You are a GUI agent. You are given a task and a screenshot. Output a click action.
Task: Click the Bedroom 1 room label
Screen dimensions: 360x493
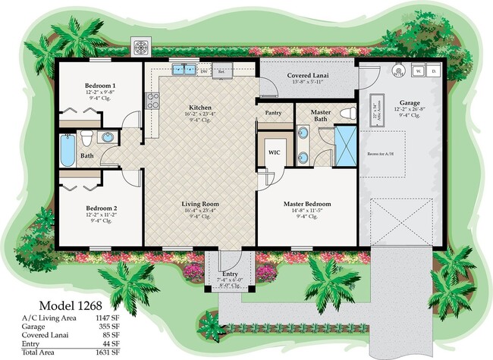coord(100,86)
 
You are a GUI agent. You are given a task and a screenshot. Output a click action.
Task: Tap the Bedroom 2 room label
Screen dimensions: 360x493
coord(100,208)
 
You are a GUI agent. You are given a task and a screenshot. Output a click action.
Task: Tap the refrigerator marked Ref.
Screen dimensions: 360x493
coord(221,70)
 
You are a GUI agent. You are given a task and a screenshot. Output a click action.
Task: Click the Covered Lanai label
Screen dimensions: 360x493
coord(306,76)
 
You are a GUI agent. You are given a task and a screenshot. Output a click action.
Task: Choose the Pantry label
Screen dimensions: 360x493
coord(273,113)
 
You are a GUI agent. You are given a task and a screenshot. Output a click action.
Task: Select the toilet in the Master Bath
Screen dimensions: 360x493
coord(347,114)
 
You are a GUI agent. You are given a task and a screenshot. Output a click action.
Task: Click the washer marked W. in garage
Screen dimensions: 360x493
coord(419,70)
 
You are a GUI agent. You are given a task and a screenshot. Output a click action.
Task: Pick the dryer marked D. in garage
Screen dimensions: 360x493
coord(434,70)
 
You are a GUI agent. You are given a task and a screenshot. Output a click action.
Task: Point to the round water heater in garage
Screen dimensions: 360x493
coord(400,70)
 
